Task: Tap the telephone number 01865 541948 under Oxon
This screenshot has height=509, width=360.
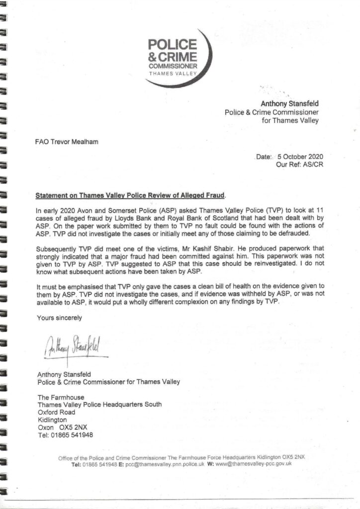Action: (x=74, y=435)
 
